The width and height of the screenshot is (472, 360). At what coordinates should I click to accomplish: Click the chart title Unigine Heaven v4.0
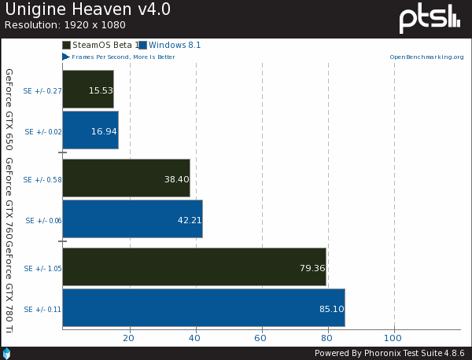pyautogui.click(x=87, y=10)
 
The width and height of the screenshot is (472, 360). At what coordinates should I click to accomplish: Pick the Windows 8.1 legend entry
pyautogui.click(x=170, y=46)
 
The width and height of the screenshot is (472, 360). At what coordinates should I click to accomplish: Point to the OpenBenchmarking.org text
pyautogui.click(x=424, y=57)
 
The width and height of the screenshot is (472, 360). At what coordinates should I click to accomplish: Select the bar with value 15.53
pyautogui.click(x=87, y=90)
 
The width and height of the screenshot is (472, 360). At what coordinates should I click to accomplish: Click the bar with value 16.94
pyautogui.click(x=90, y=130)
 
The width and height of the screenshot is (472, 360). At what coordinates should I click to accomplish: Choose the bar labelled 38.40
pyautogui.click(x=126, y=178)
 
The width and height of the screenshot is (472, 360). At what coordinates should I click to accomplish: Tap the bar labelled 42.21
pyautogui.click(x=132, y=219)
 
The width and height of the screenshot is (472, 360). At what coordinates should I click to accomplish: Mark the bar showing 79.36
pyautogui.click(x=194, y=267)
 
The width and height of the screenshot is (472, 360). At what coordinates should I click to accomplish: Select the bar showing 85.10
pyautogui.click(x=203, y=308)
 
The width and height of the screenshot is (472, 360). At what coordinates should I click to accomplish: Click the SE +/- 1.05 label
pyautogui.click(x=43, y=268)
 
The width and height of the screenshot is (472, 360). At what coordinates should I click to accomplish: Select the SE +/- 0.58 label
pyautogui.click(x=43, y=179)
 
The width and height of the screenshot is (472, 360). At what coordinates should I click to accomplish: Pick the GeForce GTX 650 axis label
pyautogui.click(x=9, y=109)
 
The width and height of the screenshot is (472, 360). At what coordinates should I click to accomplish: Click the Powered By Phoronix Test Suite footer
pyautogui.click(x=389, y=353)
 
